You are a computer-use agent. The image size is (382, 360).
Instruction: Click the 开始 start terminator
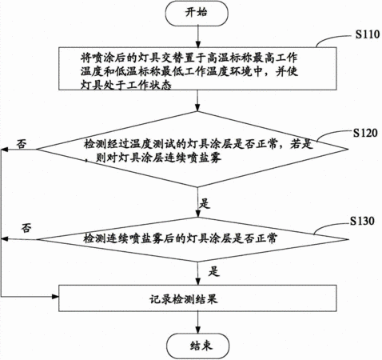click(x=197, y=14)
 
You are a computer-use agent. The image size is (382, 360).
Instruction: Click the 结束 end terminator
click(x=197, y=346)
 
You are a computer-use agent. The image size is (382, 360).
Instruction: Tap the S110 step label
click(x=368, y=34)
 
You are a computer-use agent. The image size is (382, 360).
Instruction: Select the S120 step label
click(x=365, y=133)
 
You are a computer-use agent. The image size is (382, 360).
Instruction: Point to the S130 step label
click(x=362, y=221)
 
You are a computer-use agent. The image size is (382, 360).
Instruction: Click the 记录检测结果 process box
click(x=197, y=298)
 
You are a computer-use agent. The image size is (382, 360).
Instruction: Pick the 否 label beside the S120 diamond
click(x=22, y=143)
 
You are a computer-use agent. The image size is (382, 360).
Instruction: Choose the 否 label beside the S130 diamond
click(x=26, y=228)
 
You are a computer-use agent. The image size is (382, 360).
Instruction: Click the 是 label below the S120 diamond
click(x=205, y=204)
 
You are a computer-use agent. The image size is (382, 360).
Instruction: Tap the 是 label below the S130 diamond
click(x=213, y=271)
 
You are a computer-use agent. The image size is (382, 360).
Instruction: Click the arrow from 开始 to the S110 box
click(x=197, y=37)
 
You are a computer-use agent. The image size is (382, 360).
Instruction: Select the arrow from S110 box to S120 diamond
click(x=197, y=101)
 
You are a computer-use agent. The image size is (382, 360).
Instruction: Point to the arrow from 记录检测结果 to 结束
click(x=197, y=322)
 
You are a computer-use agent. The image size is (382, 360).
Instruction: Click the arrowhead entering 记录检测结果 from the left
click(x=55, y=296)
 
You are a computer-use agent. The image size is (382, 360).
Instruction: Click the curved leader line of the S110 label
click(x=333, y=39)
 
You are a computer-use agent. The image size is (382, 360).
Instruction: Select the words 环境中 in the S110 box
click(x=246, y=71)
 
